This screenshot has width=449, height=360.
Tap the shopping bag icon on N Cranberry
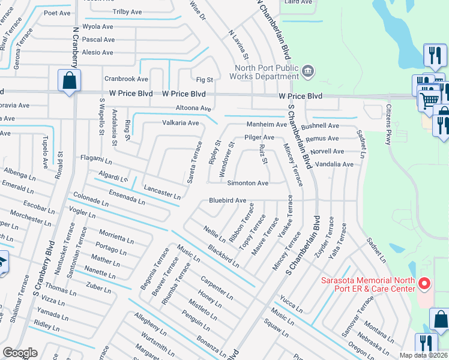[69, 80]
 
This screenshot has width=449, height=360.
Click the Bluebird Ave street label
[228, 200]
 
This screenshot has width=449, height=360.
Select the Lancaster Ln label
[162, 193]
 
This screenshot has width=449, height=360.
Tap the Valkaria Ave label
[180, 123]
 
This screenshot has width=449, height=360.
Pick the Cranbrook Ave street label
[126, 79]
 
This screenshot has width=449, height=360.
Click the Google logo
[20, 353]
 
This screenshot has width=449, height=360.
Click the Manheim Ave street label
[267, 125]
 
